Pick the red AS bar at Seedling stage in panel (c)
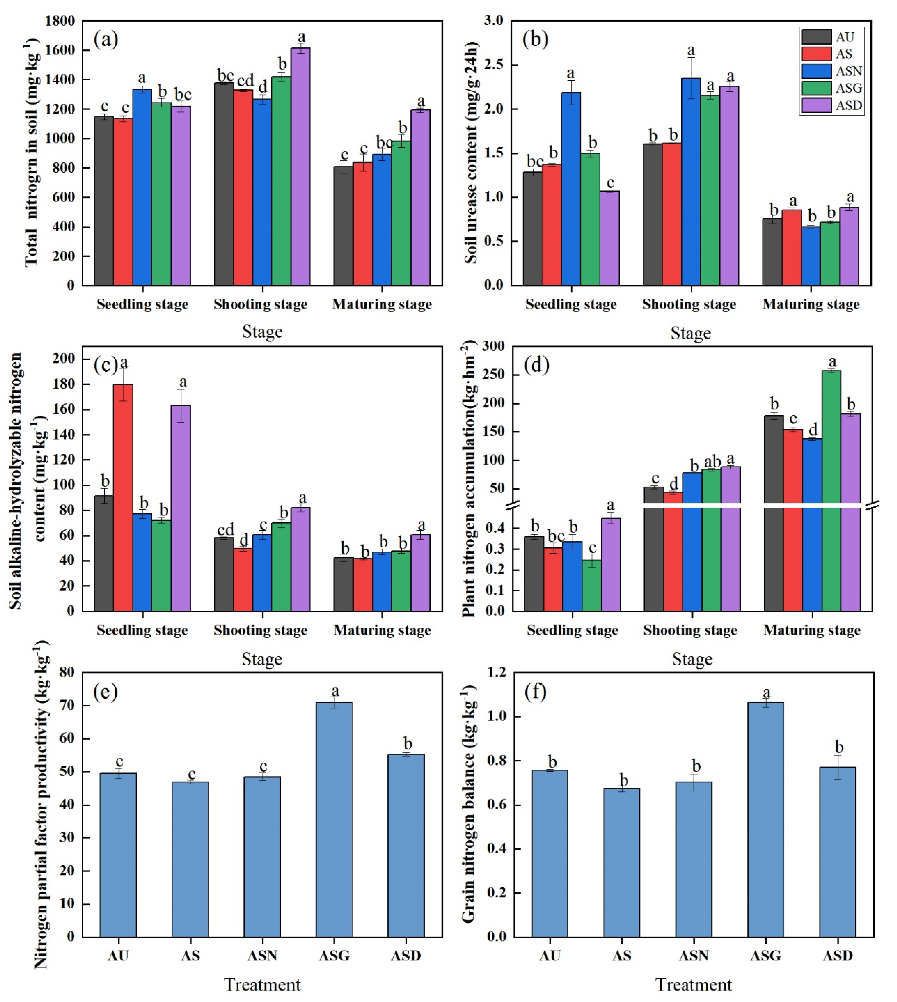pyautogui.click(x=123, y=498)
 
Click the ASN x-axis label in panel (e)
pyautogui.click(x=262, y=956)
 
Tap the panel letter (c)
pyautogui.click(x=106, y=365)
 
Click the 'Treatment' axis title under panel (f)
pyautogui.click(x=693, y=985)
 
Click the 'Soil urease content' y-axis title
pyautogui.click(x=472, y=153)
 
